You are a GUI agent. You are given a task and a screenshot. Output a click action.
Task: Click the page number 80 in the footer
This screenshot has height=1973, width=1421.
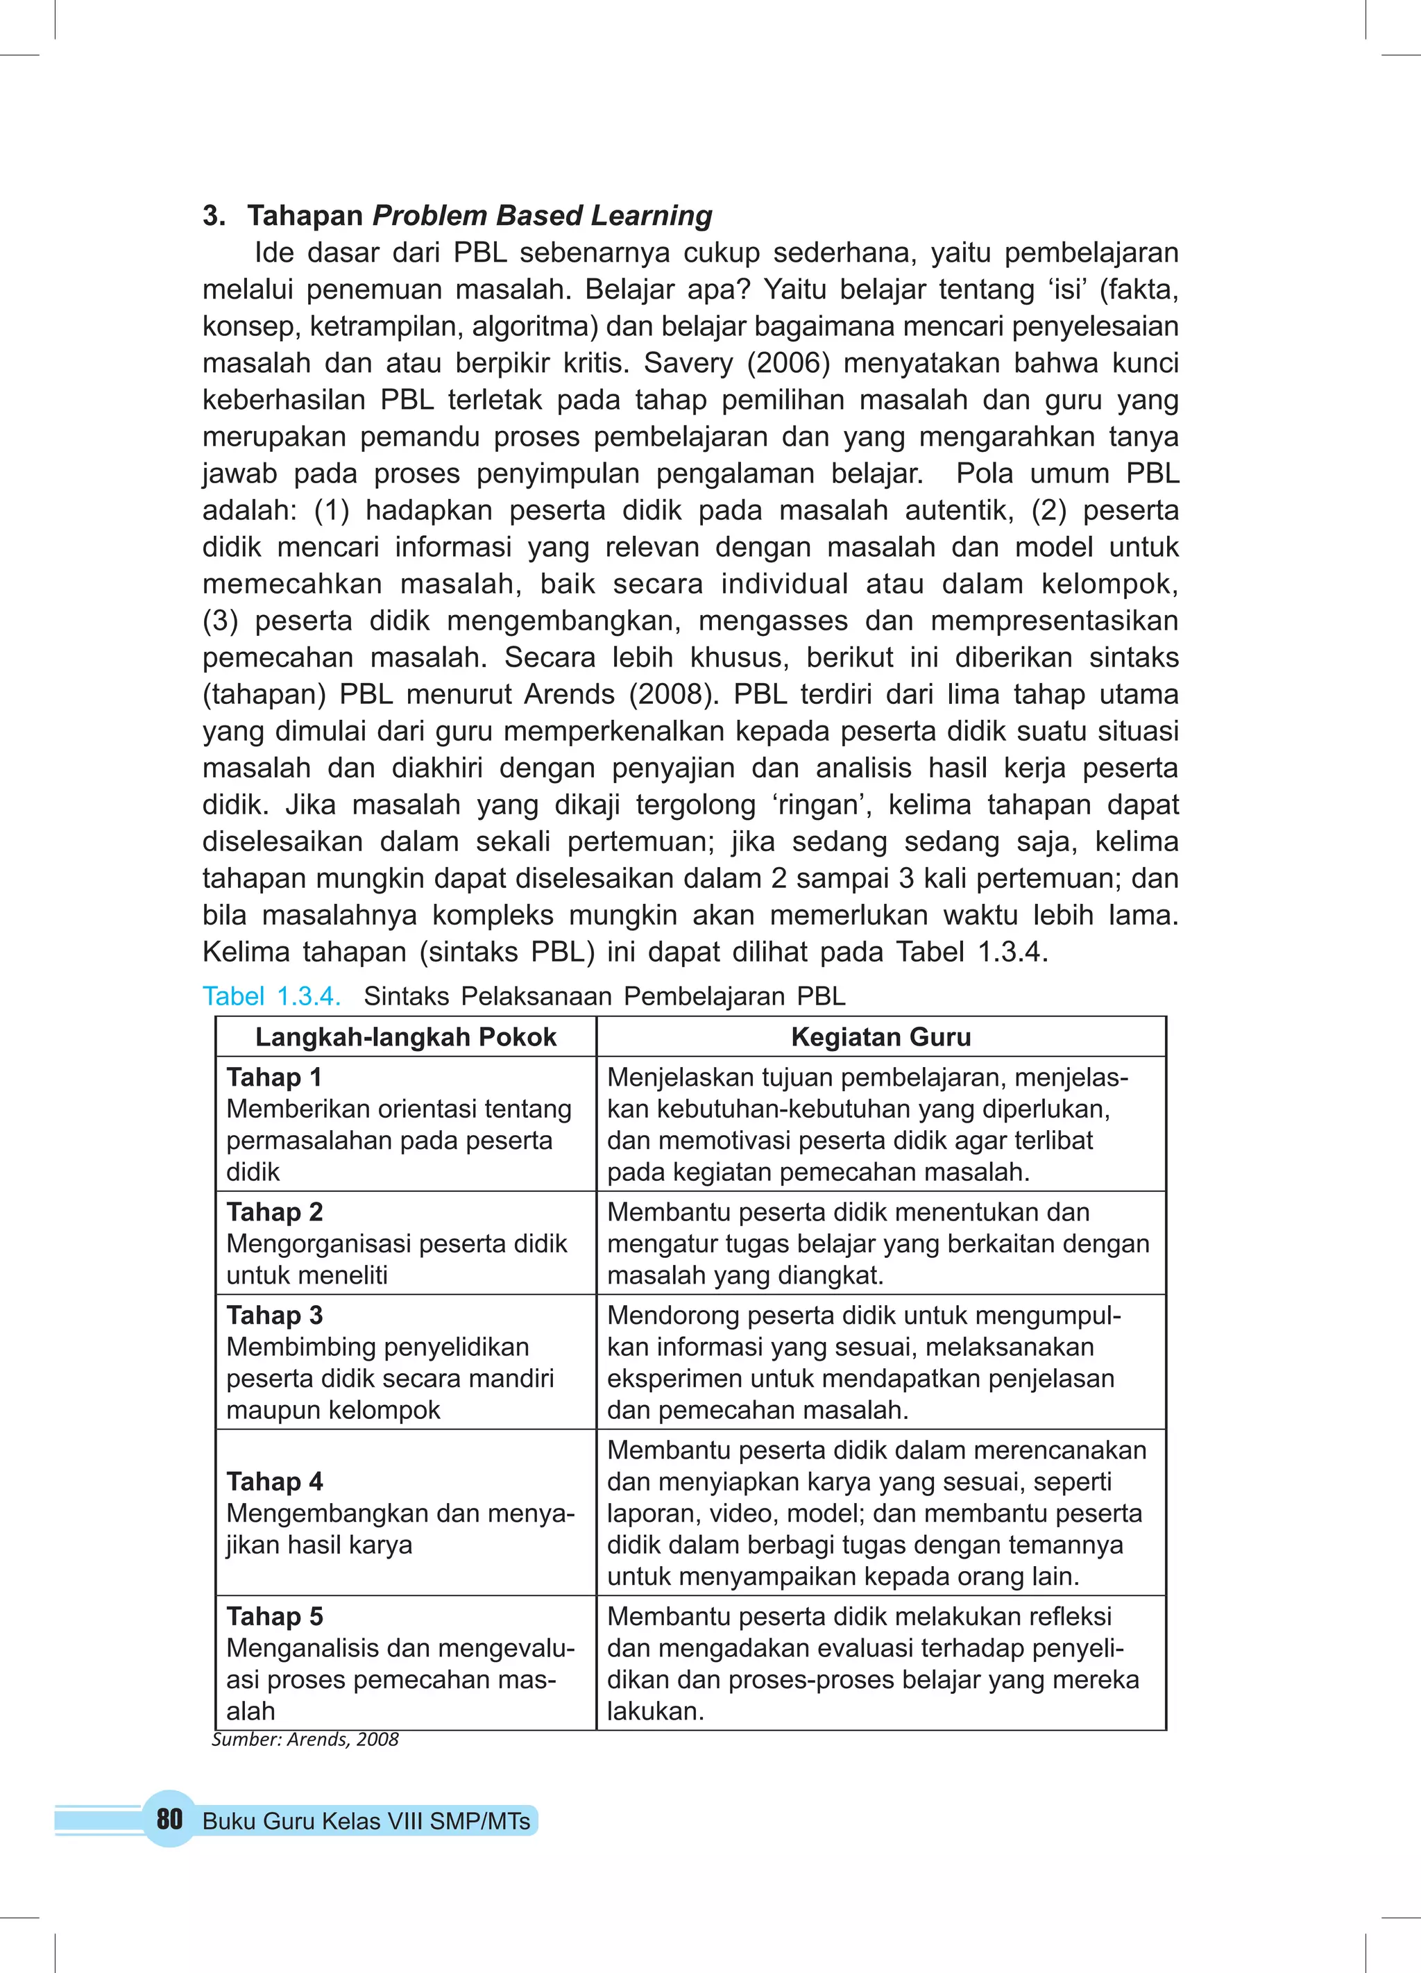[169, 1818]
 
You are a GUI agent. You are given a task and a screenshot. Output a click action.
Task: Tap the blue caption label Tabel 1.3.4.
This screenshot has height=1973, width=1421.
[271, 996]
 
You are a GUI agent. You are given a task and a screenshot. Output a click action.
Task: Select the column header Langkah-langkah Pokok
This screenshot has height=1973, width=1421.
[405, 1037]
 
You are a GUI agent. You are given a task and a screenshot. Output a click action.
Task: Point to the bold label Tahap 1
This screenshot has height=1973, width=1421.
[274, 1077]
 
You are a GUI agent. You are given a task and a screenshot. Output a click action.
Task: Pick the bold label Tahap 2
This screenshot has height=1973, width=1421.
[274, 1212]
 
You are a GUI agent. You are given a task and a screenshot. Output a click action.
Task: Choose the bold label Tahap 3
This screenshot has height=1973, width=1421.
[274, 1316]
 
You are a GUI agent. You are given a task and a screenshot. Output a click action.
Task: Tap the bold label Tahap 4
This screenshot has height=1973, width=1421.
[274, 1481]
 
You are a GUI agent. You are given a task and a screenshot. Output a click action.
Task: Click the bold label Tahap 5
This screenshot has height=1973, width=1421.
[274, 1616]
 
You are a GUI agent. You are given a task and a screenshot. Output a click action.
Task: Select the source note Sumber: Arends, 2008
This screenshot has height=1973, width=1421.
[305, 1739]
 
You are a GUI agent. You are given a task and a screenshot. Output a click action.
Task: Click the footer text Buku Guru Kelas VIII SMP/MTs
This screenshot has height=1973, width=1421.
[366, 1821]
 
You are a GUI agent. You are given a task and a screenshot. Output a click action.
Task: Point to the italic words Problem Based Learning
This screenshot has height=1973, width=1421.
[542, 215]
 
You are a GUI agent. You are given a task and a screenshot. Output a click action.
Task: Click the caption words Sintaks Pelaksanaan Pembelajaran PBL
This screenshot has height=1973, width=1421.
[604, 996]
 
